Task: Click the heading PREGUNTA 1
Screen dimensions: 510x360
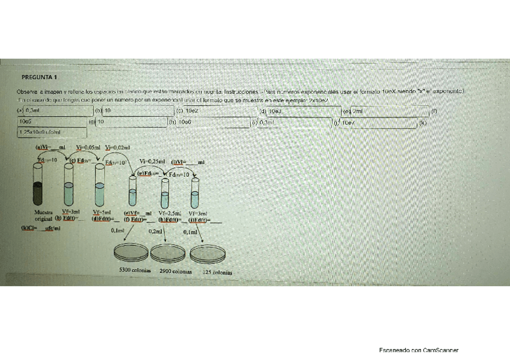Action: pyautogui.click(x=39, y=78)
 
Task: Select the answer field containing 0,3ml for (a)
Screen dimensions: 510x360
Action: pyautogui.click(x=54, y=111)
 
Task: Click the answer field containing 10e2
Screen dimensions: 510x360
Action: pyautogui.click(x=217, y=111)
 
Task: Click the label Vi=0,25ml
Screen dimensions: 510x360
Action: pyautogui.click(x=152, y=161)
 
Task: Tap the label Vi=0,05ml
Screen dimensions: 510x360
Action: pyautogui.click(x=88, y=147)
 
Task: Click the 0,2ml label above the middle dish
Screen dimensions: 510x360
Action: pyautogui.click(x=155, y=231)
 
